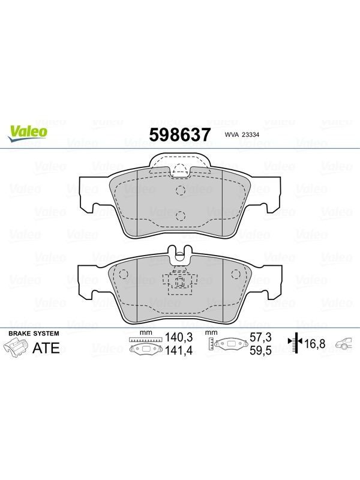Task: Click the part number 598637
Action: [180, 134]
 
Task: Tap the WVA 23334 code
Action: [242, 134]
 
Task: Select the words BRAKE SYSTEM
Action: [34, 334]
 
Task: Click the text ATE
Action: [46, 348]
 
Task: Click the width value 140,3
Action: [179, 337]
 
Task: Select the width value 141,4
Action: [179, 350]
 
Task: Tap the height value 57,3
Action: [260, 337]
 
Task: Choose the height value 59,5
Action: [260, 350]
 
